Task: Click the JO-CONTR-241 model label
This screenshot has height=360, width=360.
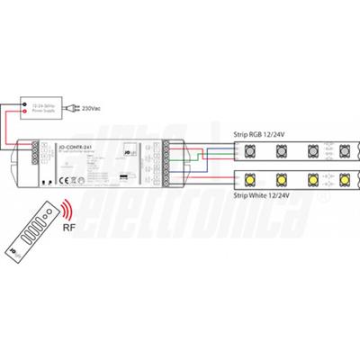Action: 72,147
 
